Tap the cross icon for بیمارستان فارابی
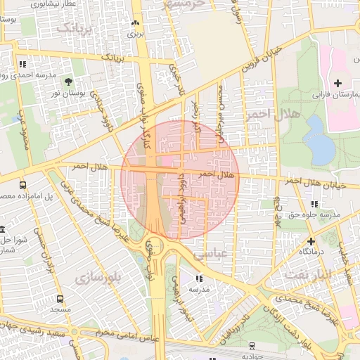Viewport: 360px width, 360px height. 337,84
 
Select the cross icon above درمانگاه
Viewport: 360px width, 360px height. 311,241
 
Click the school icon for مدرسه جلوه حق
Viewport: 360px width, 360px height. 314,204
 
